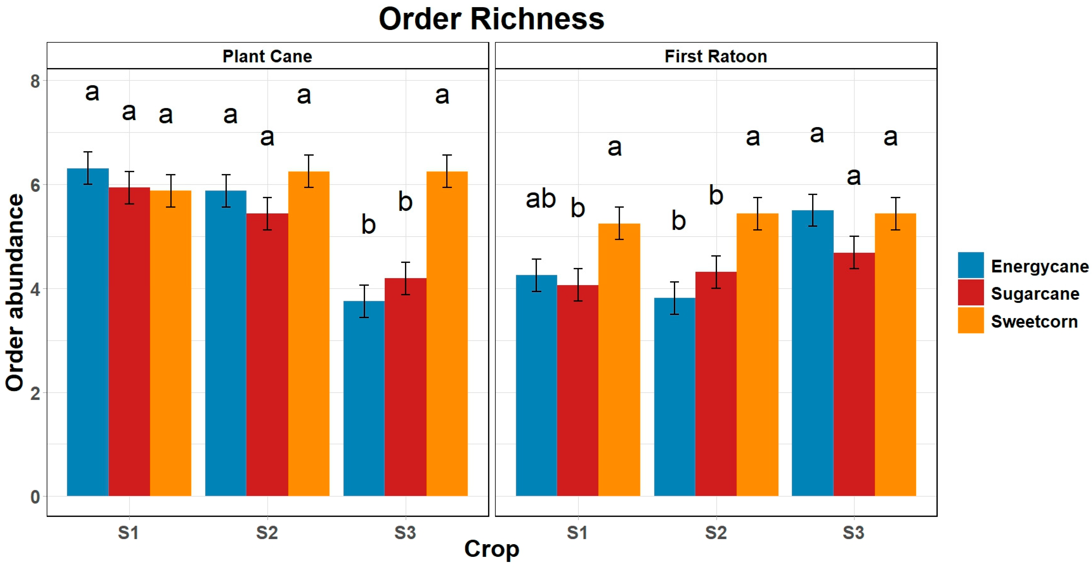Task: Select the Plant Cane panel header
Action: click(x=267, y=56)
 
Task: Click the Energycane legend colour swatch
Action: click(x=970, y=265)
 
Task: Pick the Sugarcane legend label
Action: click(x=1035, y=293)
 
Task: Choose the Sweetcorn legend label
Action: click(x=1034, y=322)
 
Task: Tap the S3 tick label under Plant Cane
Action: click(x=405, y=533)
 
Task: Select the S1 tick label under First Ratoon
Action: click(x=578, y=533)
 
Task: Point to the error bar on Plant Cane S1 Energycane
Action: click(x=88, y=168)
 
